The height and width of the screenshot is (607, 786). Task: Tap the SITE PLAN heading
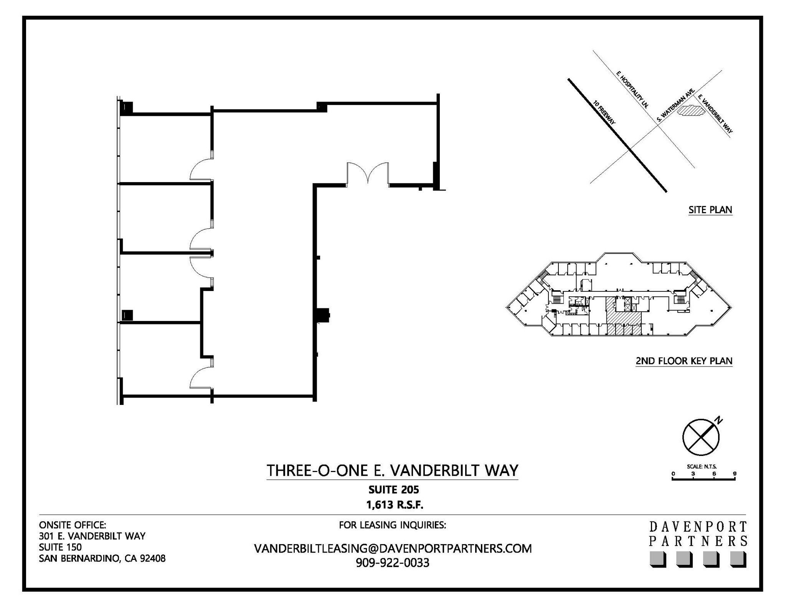tap(710, 210)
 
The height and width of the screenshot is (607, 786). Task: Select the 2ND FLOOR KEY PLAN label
tap(684, 361)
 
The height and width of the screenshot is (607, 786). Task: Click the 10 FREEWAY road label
tap(604, 112)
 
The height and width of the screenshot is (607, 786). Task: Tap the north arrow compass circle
tap(701, 437)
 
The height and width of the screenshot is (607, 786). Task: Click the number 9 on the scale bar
tap(735, 474)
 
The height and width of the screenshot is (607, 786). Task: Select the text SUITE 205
tap(394, 490)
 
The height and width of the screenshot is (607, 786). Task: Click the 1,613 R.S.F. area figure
tap(395, 505)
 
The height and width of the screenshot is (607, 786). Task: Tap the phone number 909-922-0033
tap(392, 563)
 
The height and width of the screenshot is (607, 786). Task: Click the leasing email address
tap(393, 549)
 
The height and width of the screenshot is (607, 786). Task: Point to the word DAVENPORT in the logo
tap(698, 526)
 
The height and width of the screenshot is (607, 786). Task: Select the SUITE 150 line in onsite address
tap(60, 547)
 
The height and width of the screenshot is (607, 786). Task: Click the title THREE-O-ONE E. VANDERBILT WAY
tap(392, 470)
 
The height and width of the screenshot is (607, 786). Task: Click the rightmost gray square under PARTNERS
tap(738, 559)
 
